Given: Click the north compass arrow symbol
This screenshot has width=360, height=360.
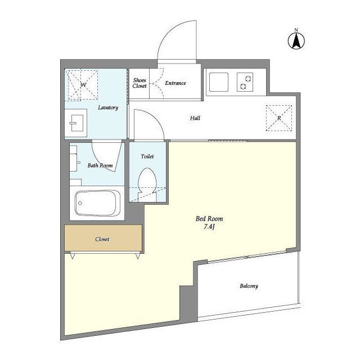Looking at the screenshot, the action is [296, 41].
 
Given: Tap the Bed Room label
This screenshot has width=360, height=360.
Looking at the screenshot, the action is [209, 219].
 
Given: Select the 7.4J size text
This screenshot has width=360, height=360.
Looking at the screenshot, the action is [209, 227].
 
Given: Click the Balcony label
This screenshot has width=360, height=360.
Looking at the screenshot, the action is [249, 286].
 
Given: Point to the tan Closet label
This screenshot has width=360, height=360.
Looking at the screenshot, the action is [102, 239].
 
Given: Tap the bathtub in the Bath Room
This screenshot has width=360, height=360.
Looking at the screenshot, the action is [97, 203].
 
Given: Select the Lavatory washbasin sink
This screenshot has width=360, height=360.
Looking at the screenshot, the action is [76, 123].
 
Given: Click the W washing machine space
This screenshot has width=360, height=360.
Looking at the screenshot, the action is [82, 85].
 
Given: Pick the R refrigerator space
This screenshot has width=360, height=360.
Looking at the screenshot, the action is [279, 118].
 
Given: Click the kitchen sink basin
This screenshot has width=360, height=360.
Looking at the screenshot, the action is [219, 82].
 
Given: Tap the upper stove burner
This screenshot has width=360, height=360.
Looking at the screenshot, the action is [248, 79].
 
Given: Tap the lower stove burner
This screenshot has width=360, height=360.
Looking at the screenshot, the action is [243, 86].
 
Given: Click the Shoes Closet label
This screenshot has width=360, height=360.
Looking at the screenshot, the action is [139, 83].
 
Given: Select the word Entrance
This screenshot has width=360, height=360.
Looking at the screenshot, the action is [175, 83].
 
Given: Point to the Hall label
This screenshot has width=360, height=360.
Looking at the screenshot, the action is [195, 118].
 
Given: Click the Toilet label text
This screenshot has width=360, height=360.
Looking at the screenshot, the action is [147, 156].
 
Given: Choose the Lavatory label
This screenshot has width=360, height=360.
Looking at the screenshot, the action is [108, 107].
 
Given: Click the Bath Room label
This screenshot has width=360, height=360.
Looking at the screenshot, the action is [100, 165].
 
